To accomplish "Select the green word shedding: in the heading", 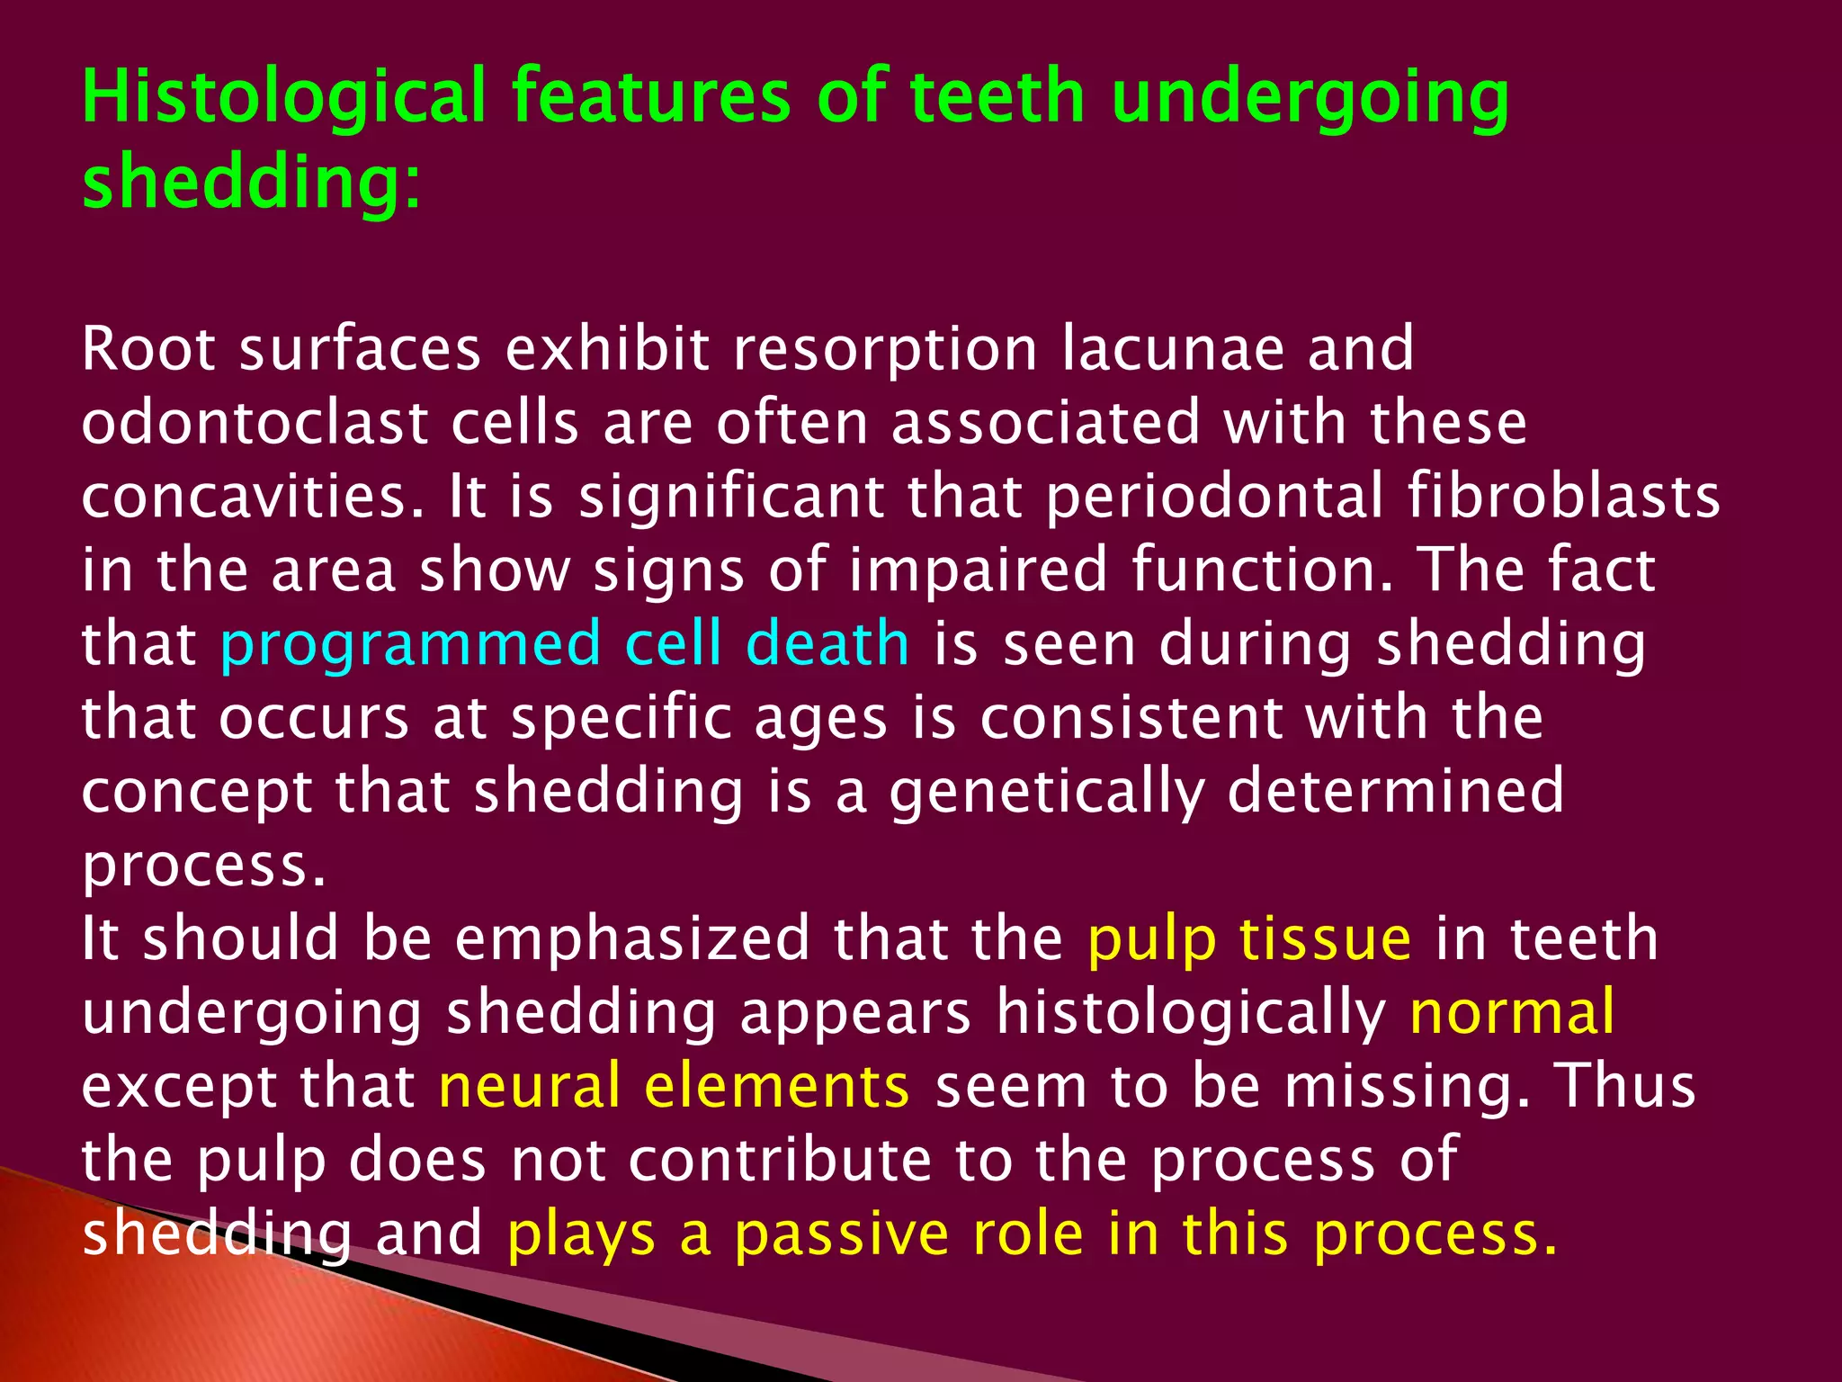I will point(250,180).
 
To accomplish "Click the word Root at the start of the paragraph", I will point(148,349).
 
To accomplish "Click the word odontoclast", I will point(254,423).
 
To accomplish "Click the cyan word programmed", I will point(410,645).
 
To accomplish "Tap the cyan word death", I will point(828,644).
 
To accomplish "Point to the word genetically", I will point(1046,793).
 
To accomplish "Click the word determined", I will point(1395,791).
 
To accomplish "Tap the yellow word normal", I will point(1512,1013).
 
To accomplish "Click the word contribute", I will point(779,1159).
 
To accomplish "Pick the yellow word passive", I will point(842,1234).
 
